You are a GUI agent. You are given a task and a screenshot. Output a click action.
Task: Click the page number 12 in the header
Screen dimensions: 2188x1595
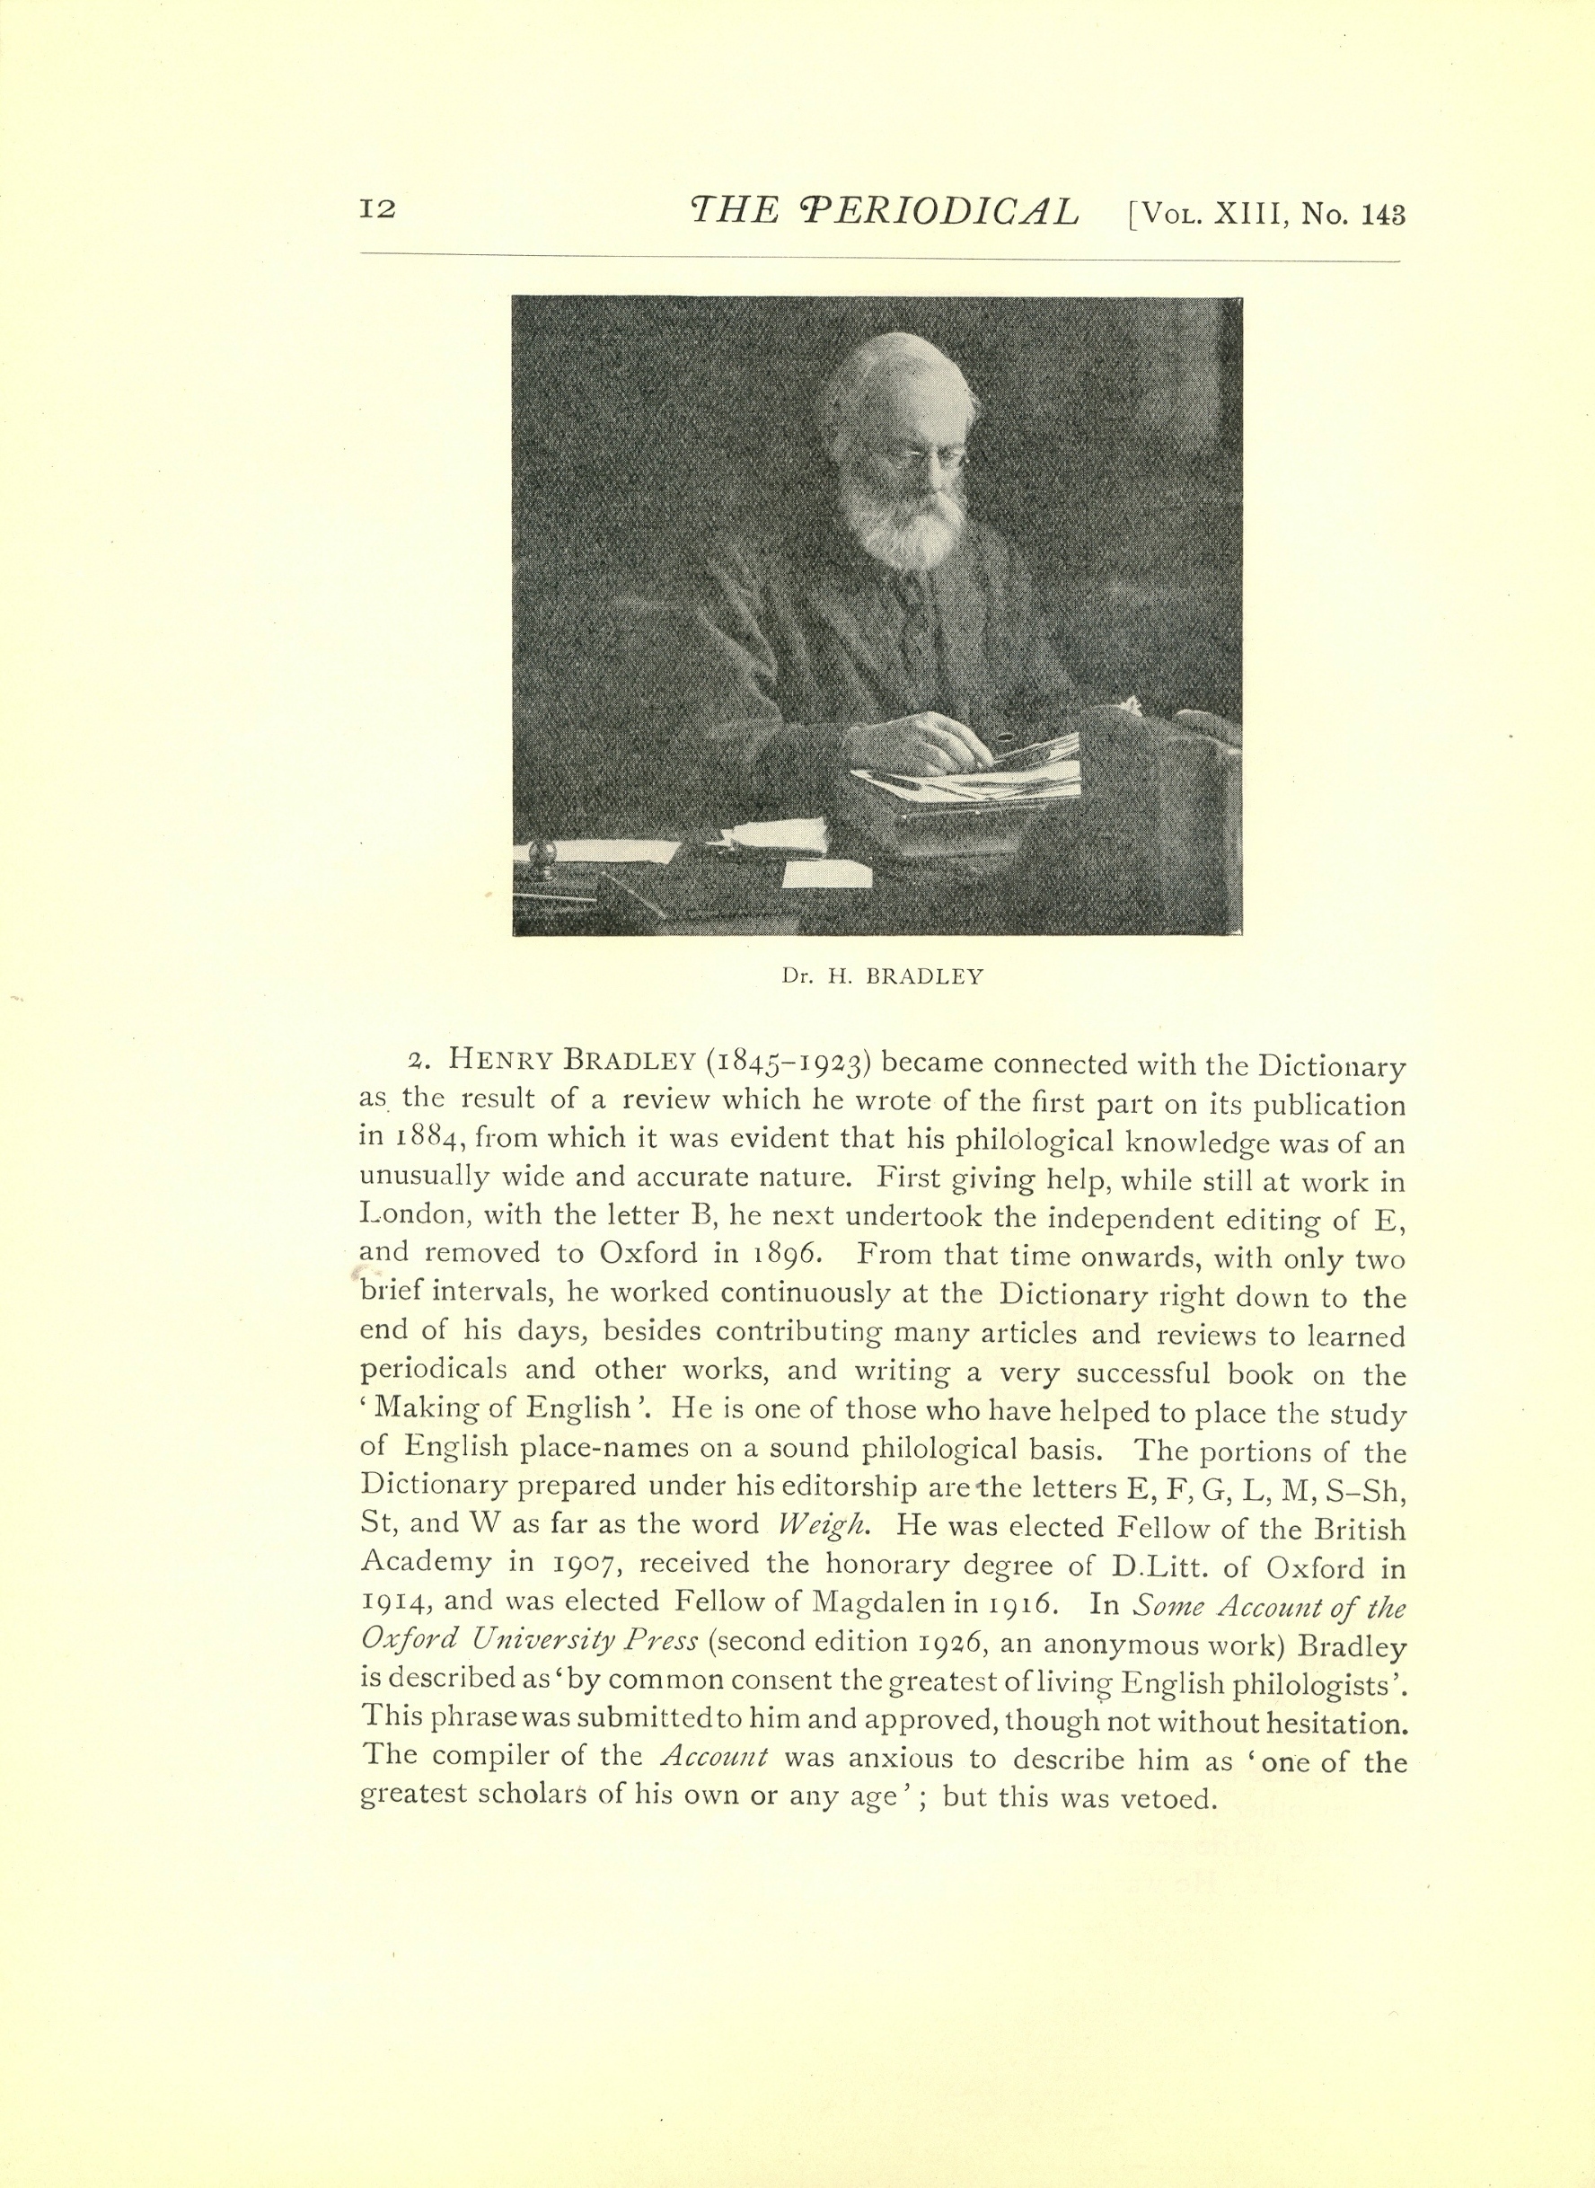pyautogui.click(x=376, y=210)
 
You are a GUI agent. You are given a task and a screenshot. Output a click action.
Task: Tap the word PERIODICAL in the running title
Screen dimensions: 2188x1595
pyautogui.click(x=938, y=211)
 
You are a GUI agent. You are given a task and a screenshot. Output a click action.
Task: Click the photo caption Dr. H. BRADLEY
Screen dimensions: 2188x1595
pyautogui.click(x=882, y=976)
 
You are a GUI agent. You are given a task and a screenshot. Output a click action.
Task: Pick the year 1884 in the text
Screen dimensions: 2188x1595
pyautogui.click(x=416, y=1142)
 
